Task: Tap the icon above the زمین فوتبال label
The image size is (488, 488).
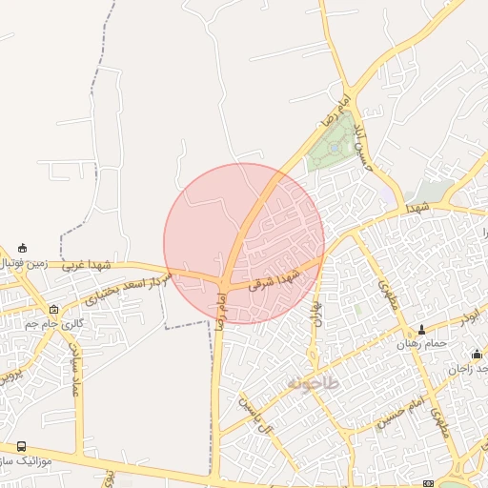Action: coord(22,248)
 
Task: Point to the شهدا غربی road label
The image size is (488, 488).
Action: coord(88,265)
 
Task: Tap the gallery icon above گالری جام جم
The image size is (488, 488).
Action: coord(53,310)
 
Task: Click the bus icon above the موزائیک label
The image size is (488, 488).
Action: coord(22,446)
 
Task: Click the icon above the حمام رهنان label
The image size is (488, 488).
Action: coord(421,330)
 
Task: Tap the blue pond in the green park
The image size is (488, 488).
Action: coord(334,148)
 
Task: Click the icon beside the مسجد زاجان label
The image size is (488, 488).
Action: coord(477,355)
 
